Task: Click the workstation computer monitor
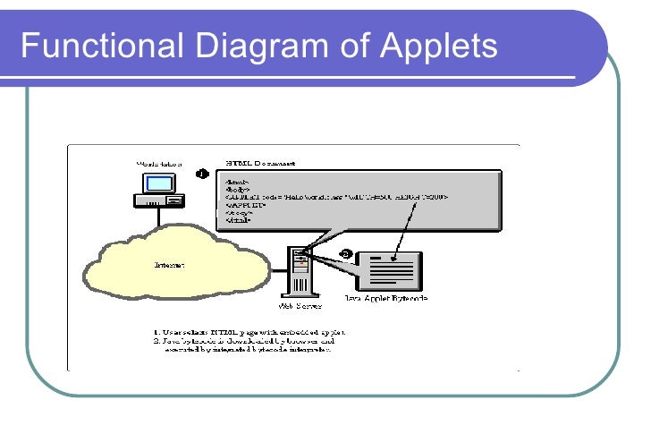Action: point(158,183)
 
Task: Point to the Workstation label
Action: point(158,164)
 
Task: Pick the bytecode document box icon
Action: point(386,269)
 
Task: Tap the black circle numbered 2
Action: point(347,255)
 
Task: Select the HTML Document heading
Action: point(261,164)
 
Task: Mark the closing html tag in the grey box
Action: point(237,220)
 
